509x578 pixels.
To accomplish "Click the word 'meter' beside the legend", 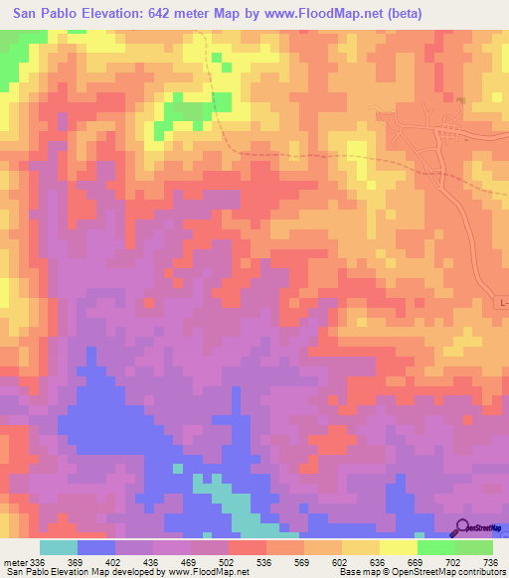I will (15, 563).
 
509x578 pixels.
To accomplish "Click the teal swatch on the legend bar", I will (59, 547).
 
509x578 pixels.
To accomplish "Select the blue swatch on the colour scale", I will (96, 547).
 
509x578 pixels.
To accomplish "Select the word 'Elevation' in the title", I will (123, 14).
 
